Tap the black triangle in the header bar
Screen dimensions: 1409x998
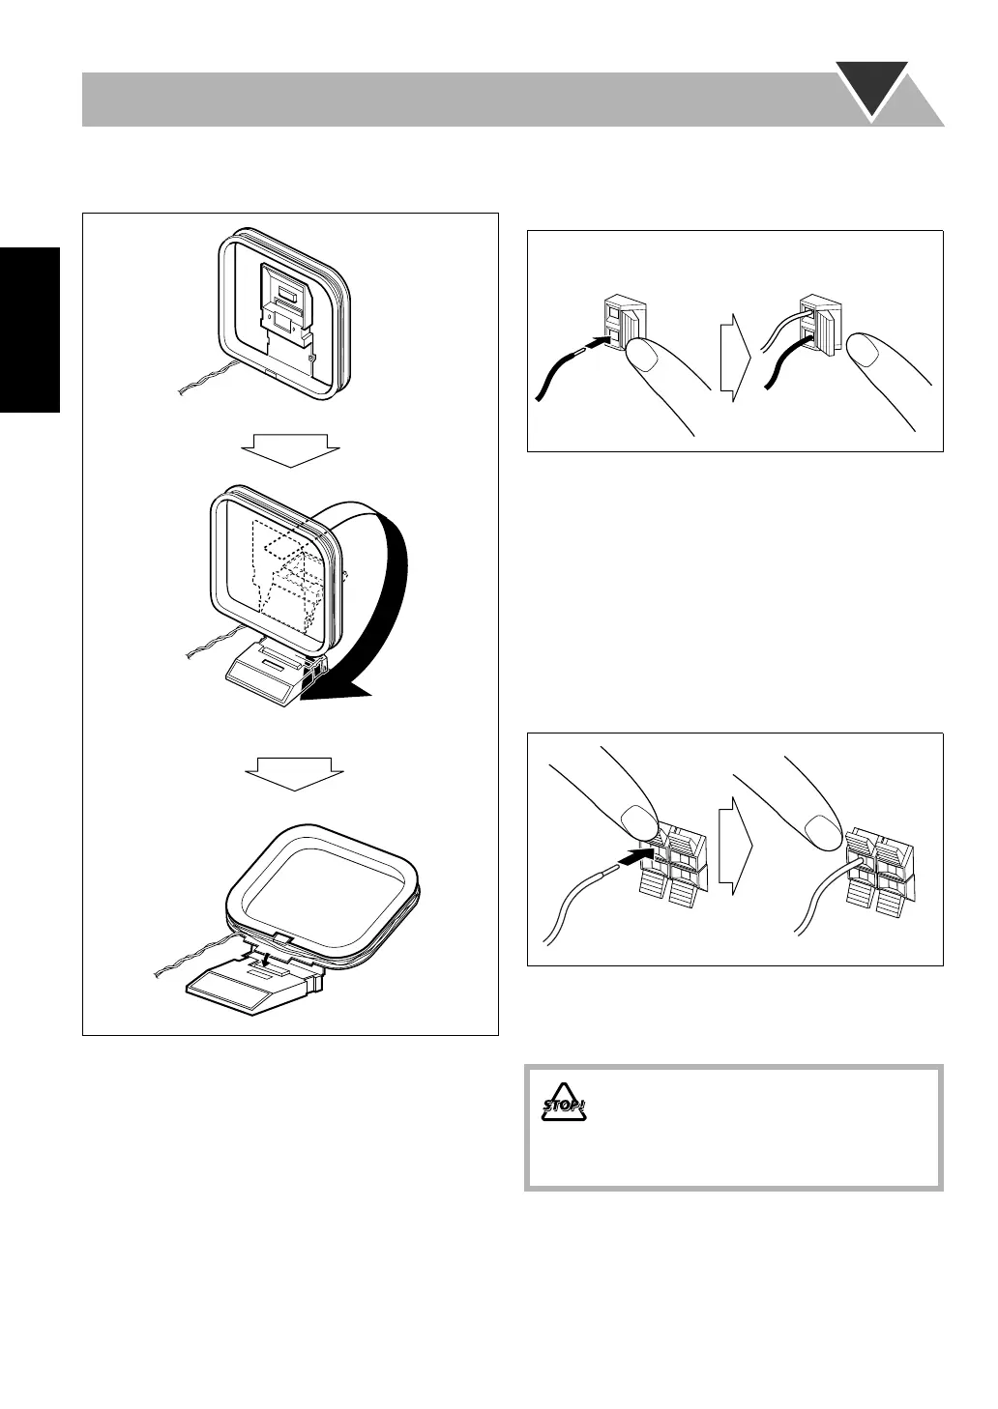tap(872, 87)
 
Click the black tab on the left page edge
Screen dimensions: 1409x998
tap(30, 330)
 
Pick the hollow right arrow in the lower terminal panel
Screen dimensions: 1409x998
tap(735, 846)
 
